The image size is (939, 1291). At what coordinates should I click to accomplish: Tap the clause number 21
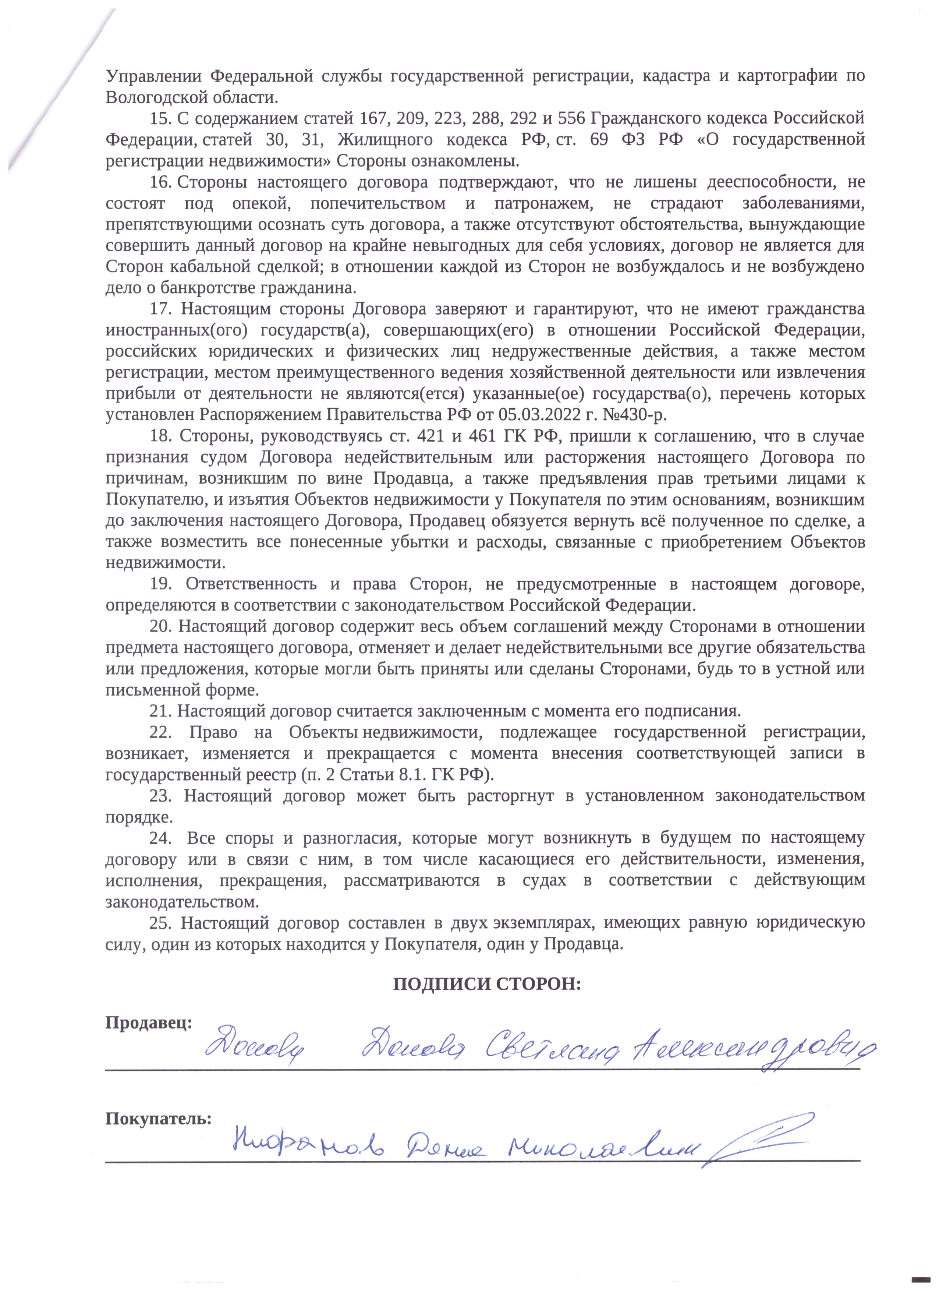160,712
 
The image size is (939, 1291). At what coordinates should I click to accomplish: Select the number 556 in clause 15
570,118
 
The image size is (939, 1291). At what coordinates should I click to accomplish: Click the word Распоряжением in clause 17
259,415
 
